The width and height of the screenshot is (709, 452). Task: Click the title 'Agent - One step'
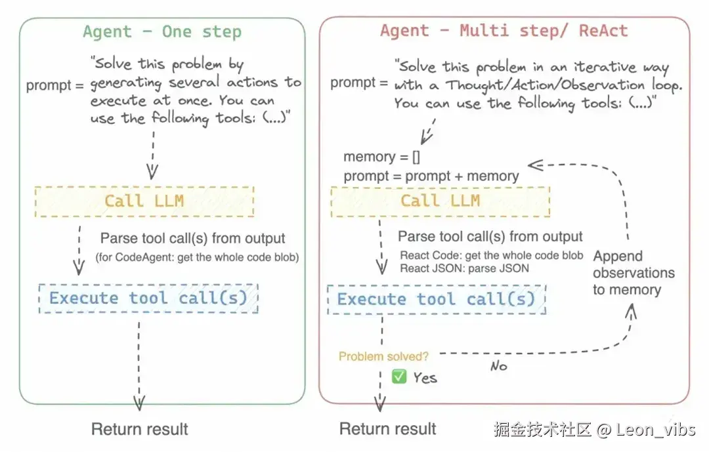(161, 31)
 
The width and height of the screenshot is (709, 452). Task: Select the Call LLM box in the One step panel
(144, 201)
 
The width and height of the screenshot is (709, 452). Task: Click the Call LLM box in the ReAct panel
(440, 201)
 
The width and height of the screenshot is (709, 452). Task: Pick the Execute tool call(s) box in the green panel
(148, 298)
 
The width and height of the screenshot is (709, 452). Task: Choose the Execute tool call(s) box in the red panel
(436, 299)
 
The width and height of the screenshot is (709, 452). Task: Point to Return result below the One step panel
(139, 429)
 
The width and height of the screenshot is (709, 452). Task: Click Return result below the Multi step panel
(387, 429)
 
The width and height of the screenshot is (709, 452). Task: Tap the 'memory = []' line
(381, 157)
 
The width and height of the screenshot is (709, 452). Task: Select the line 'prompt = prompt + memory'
(431, 176)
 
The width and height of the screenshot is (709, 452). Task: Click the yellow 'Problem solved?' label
(383, 357)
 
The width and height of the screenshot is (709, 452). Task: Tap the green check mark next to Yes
(398, 377)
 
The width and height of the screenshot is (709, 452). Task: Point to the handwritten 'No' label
(498, 366)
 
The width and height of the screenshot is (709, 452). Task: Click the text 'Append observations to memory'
(633, 273)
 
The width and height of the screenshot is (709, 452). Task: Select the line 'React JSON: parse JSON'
(465, 268)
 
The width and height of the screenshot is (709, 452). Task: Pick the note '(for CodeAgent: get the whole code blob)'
(197, 257)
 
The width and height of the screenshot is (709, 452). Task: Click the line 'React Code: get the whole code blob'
(491, 255)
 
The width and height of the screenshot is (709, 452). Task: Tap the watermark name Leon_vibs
(653, 430)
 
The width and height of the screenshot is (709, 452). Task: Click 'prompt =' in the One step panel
(55, 85)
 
